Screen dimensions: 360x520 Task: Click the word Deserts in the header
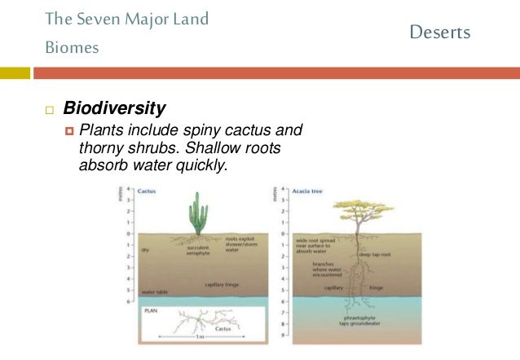[439, 33]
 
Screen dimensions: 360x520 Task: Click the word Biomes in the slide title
[72, 48]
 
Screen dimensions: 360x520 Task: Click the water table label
[155, 292]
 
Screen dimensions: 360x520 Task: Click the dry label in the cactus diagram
[146, 249]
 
